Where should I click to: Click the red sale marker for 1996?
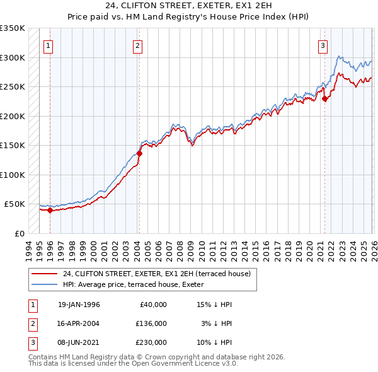pos(50,211)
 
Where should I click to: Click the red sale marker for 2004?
pos(139,153)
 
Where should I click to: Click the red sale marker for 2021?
pos(325,98)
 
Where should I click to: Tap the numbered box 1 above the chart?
pos(49,45)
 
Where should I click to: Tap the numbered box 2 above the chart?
pos(137,45)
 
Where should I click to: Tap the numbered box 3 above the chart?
pos(323,45)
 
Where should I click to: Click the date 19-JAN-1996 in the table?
pos(79,305)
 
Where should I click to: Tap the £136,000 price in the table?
pos(151,323)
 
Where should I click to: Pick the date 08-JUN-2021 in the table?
pos(79,342)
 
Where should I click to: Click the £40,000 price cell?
pos(152,305)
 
